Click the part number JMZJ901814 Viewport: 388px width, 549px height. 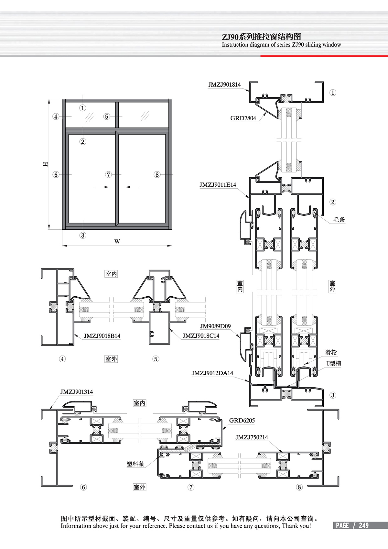coord(224,85)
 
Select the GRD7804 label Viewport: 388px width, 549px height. coord(243,118)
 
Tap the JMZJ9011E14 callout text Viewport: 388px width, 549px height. coord(218,185)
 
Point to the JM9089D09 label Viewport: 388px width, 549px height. coord(215,326)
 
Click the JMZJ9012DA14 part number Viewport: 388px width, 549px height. coord(212,373)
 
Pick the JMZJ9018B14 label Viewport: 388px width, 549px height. coord(102,336)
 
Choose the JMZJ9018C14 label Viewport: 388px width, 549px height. coord(201,336)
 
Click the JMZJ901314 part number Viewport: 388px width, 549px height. coord(77,392)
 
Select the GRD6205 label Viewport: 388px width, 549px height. coord(242,421)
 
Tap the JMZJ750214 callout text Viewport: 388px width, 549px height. coord(252,437)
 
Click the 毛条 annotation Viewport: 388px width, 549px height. coord(339,220)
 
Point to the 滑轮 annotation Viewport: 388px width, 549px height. coord(331,352)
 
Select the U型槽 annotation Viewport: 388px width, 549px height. coord(334,364)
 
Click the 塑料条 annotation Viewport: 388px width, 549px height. coord(135,464)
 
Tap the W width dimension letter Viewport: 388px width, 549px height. coord(117,241)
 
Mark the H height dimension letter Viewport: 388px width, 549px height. coord(46,164)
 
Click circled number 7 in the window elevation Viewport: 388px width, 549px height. coord(109,175)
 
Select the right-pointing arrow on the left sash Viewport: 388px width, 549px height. coord(102,187)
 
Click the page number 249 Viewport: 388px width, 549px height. coord(363,525)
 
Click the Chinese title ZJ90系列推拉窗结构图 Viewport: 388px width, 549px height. coord(261,37)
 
